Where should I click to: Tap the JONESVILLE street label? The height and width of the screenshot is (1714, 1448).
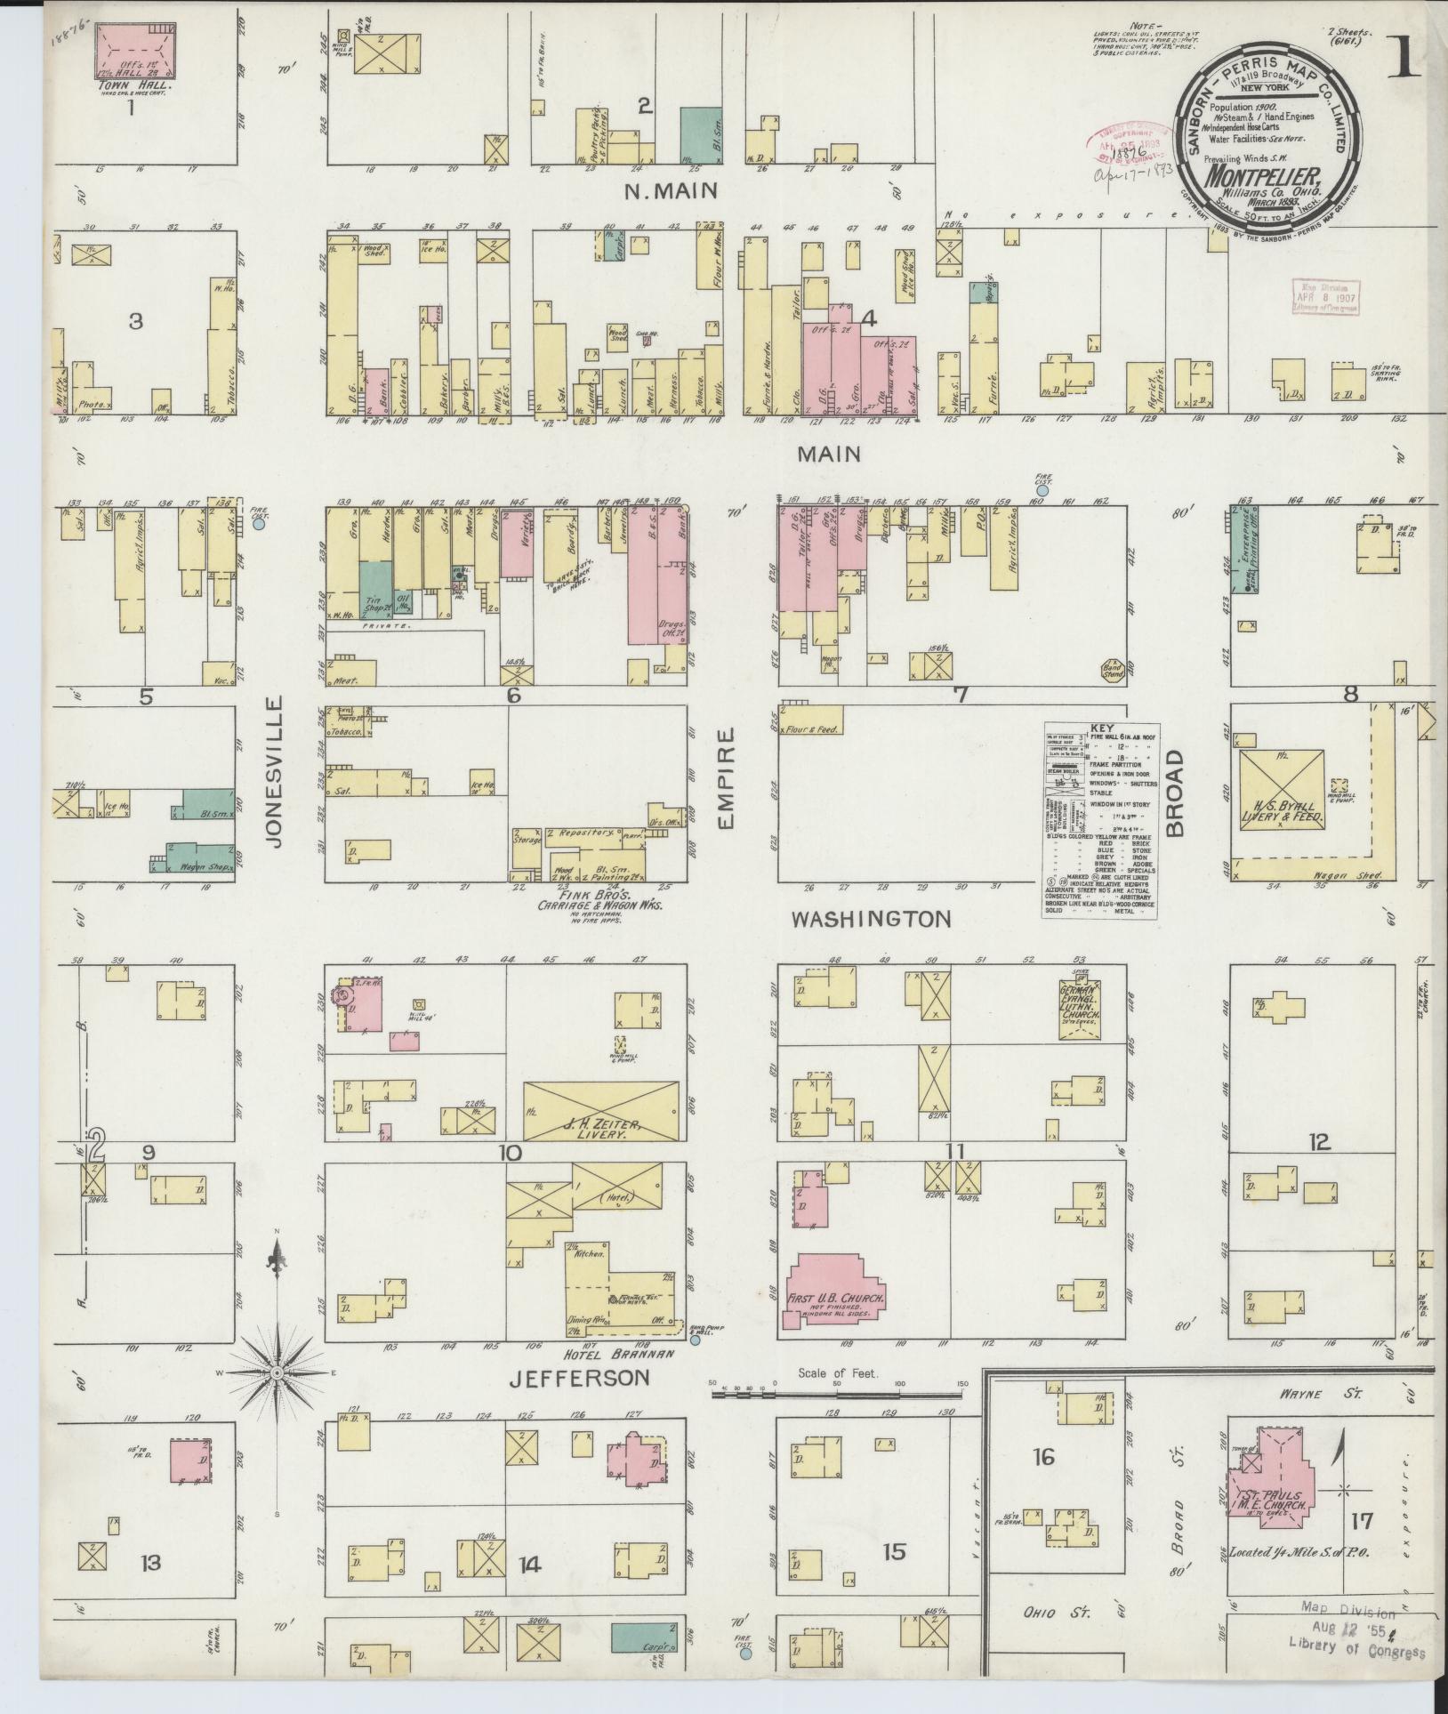pos(272,771)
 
